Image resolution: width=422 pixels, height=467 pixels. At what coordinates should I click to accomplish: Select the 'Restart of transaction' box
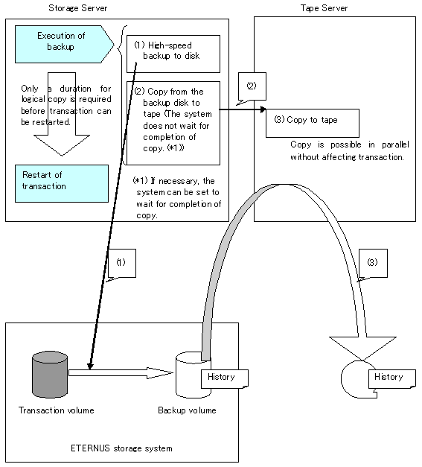[62, 183]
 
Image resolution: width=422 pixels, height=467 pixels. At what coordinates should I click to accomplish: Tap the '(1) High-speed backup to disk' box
[173, 54]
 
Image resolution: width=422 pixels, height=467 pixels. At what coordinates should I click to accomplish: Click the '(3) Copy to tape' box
[312, 123]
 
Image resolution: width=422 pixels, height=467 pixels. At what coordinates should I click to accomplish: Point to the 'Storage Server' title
[78, 8]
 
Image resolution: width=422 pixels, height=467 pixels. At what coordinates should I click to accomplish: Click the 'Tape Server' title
[324, 8]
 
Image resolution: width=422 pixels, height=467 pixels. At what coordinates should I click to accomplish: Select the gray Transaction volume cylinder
[50, 375]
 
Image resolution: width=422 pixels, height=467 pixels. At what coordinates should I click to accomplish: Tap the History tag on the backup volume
[225, 379]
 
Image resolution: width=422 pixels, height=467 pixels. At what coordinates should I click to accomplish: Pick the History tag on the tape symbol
[392, 379]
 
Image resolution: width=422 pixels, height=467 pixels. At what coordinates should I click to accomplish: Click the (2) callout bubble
[252, 86]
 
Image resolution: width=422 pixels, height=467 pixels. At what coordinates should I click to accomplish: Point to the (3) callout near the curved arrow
[373, 263]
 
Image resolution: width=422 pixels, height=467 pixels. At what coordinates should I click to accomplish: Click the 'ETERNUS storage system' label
[121, 448]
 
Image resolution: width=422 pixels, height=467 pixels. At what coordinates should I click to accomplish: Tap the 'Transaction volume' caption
[57, 410]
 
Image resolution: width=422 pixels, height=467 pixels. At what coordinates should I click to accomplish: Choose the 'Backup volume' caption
[187, 410]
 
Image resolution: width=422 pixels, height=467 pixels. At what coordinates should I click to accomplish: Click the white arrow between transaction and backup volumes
[121, 373]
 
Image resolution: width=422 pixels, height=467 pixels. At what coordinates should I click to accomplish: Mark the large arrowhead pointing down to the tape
[362, 347]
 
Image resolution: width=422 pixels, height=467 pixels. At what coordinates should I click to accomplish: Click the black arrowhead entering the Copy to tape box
[263, 109]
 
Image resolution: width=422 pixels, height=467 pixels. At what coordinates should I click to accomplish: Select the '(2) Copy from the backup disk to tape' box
[173, 123]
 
